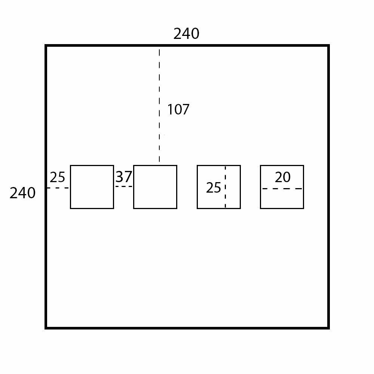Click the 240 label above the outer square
pyautogui.click(x=186, y=34)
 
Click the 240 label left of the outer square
pyautogui.click(x=22, y=193)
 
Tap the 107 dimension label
pyautogui.click(x=178, y=110)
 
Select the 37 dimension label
pyautogui.click(x=123, y=177)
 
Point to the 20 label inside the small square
pyautogui.click(x=282, y=177)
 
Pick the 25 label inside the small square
pyautogui.click(x=214, y=188)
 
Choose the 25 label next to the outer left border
pyautogui.click(x=57, y=177)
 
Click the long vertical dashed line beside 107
pyautogui.click(x=159, y=105)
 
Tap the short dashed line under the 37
pyautogui.click(x=123, y=186)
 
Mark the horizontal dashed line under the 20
pyautogui.click(x=282, y=188)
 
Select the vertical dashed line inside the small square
pyautogui.click(x=225, y=187)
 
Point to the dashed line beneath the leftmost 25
pyautogui.click(x=58, y=188)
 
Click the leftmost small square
pyautogui.click(x=92, y=187)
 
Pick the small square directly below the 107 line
pyautogui.click(x=155, y=187)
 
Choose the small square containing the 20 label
pyautogui.click(x=282, y=198)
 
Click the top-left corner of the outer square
pyautogui.click(x=46, y=46)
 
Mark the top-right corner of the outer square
pyautogui.click(x=328, y=46)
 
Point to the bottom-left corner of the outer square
pyautogui.click(x=46, y=328)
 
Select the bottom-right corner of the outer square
pyautogui.click(x=328, y=328)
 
